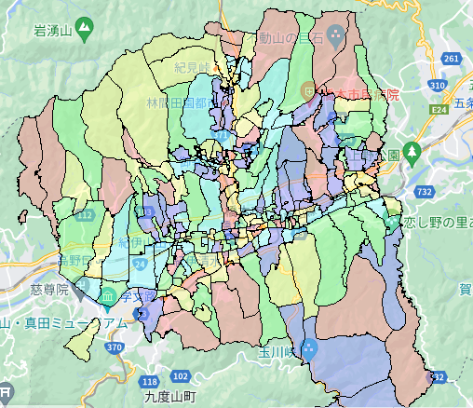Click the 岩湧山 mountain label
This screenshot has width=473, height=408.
(x=53, y=32)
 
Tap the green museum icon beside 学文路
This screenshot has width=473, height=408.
(x=109, y=298)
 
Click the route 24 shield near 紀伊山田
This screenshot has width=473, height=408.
(x=140, y=265)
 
